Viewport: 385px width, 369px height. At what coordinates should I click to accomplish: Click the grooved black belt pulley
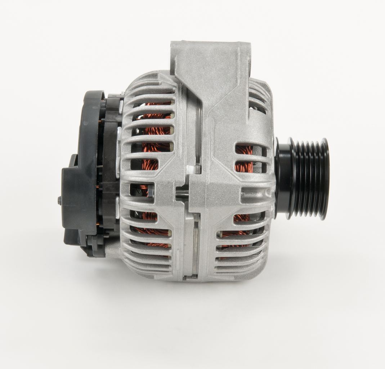click(x=310, y=178)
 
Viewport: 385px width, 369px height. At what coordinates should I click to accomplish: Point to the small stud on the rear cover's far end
click(x=59, y=201)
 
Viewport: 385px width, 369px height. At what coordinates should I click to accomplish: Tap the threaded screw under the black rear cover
click(x=107, y=236)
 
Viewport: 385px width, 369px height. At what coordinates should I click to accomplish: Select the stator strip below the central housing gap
click(x=196, y=245)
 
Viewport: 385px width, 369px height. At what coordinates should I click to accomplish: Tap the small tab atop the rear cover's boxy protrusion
click(x=74, y=159)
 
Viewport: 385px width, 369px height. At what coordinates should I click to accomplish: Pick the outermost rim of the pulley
click(x=324, y=178)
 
